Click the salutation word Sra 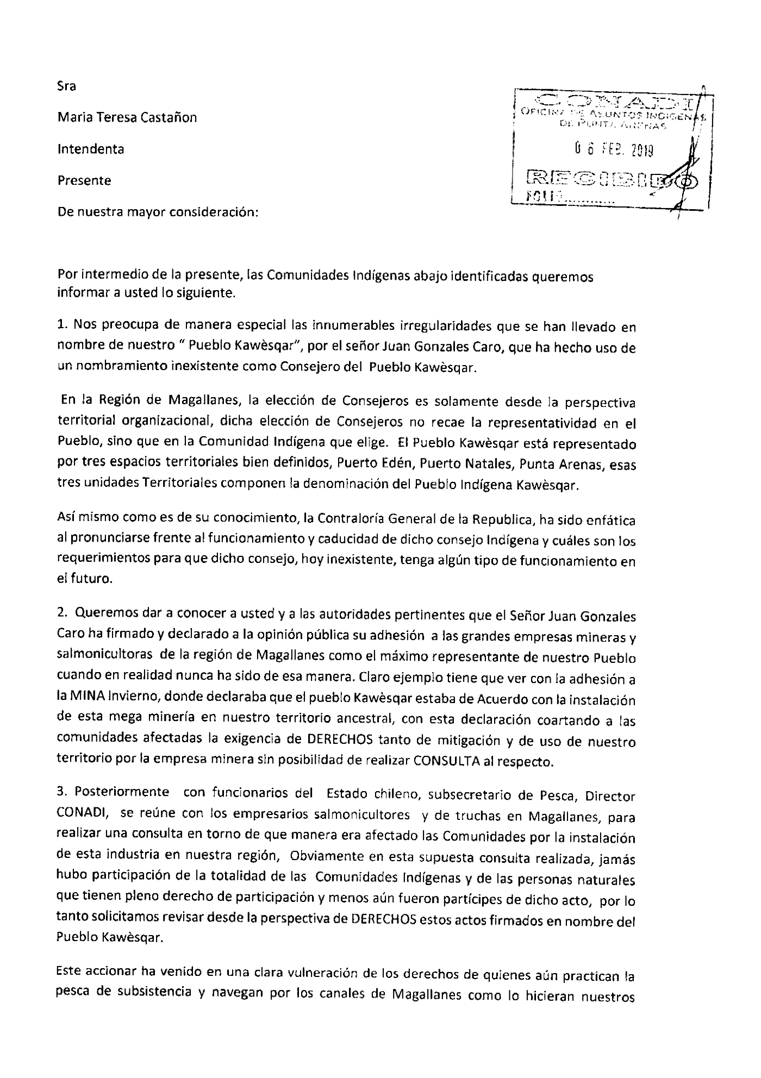point(67,86)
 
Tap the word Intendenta point(91,149)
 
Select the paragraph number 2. point(62,617)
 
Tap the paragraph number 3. point(62,797)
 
